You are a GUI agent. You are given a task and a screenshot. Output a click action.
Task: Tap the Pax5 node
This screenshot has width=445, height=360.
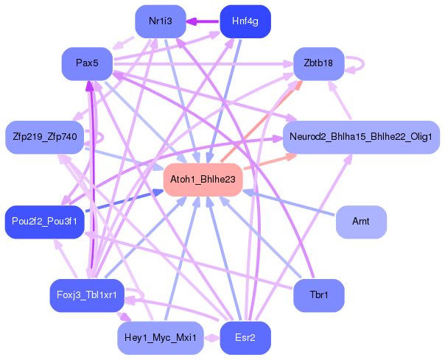pyautogui.click(x=86, y=63)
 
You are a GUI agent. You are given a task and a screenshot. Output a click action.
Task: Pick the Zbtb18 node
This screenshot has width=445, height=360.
pyautogui.click(x=318, y=63)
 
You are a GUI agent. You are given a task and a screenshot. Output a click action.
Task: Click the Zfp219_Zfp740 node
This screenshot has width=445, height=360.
pyautogui.click(x=45, y=137)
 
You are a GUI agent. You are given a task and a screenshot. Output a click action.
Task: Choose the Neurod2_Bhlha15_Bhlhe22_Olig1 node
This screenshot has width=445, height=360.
pyautogui.click(x=361, y=137)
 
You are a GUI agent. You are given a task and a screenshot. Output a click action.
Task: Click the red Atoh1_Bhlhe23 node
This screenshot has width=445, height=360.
pyautogui.click(x=203, y=180)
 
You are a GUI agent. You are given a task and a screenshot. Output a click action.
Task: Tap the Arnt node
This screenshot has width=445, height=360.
pyautogui.click(x=360, y=222)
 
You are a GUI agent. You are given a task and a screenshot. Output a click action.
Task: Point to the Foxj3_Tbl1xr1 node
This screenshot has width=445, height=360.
pyautogui.click(x=86, y=296)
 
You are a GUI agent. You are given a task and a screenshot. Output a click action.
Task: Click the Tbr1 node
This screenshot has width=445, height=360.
pyautogui.click(x=318, y=296)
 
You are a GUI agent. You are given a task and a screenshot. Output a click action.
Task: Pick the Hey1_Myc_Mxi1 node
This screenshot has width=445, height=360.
pyautogui.click(x=160, y=339)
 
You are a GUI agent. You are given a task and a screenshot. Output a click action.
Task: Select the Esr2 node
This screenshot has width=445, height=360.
pyautogui.click(x=245, y=339)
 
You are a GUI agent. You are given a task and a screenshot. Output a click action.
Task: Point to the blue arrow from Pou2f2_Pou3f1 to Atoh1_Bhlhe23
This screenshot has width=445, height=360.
pyautogui.click(x=122, y=202)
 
